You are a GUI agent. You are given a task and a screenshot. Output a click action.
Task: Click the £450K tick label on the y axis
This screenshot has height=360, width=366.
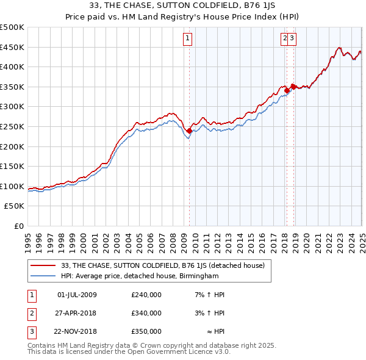point(12,47)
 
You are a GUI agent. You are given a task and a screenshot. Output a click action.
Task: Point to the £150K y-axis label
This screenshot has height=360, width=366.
point(12,166)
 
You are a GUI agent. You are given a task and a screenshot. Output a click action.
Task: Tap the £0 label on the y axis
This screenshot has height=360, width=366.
point(18,226)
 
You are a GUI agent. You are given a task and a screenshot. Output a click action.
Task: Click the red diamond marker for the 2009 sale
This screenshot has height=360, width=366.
point(190,130)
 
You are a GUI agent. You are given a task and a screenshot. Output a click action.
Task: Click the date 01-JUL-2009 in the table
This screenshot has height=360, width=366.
point(77,295)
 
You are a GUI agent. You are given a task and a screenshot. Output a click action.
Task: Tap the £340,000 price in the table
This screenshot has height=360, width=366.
point(146,313)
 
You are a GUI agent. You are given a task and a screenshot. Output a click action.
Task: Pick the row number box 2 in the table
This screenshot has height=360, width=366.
point(32,313)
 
